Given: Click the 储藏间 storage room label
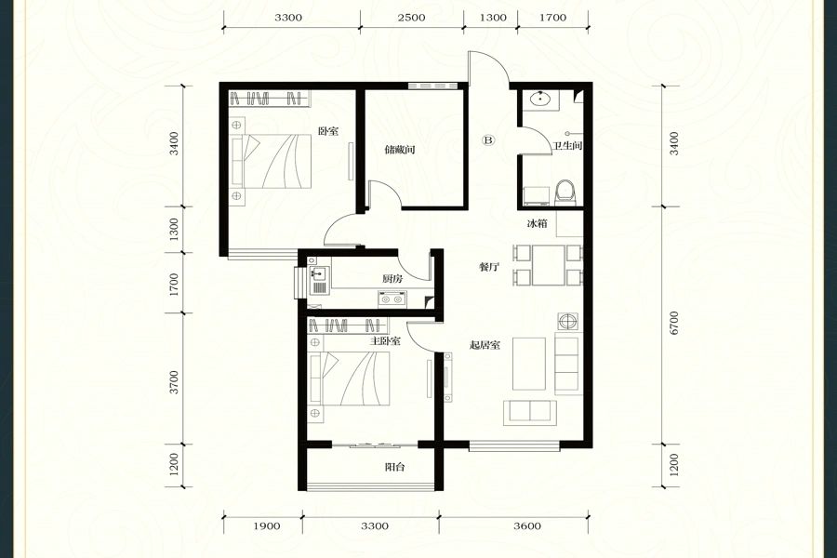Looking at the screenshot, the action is pyautogui.click(x=400, y=150).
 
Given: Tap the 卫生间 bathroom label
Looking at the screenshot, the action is pyautogui.click(x=567, y=146).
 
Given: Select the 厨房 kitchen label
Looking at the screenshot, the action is pyautogui.click(x=392, y=278).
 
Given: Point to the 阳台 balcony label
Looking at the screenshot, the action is pyautogui.click(x=395, y=467).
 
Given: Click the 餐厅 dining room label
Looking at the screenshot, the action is pyautogui.click(x=488, y=267).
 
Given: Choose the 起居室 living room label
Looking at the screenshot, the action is pyautogui.click(x=485, y=345).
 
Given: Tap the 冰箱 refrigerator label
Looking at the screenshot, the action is pyautogui.click(x=537, y=224).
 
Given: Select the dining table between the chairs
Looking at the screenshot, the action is pyautogui.click(x=548, y=265).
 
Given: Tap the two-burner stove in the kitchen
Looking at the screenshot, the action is pyautogui.click(x=392, y=299).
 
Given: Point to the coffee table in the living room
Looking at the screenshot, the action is pyautogui.click(x=529, y=364).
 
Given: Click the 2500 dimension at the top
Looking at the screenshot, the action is pyautogui.click(x=412, y=18).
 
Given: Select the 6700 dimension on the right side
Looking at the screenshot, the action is pyautogui.click(x=674, y=323).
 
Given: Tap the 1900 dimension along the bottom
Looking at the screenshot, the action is pyautogui.click(x=266, y=526).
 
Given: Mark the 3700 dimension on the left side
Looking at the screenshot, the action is pyautogui.click(x=174, y=382).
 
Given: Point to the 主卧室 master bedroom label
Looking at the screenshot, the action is pyautogui.click(x=385, y=340).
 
